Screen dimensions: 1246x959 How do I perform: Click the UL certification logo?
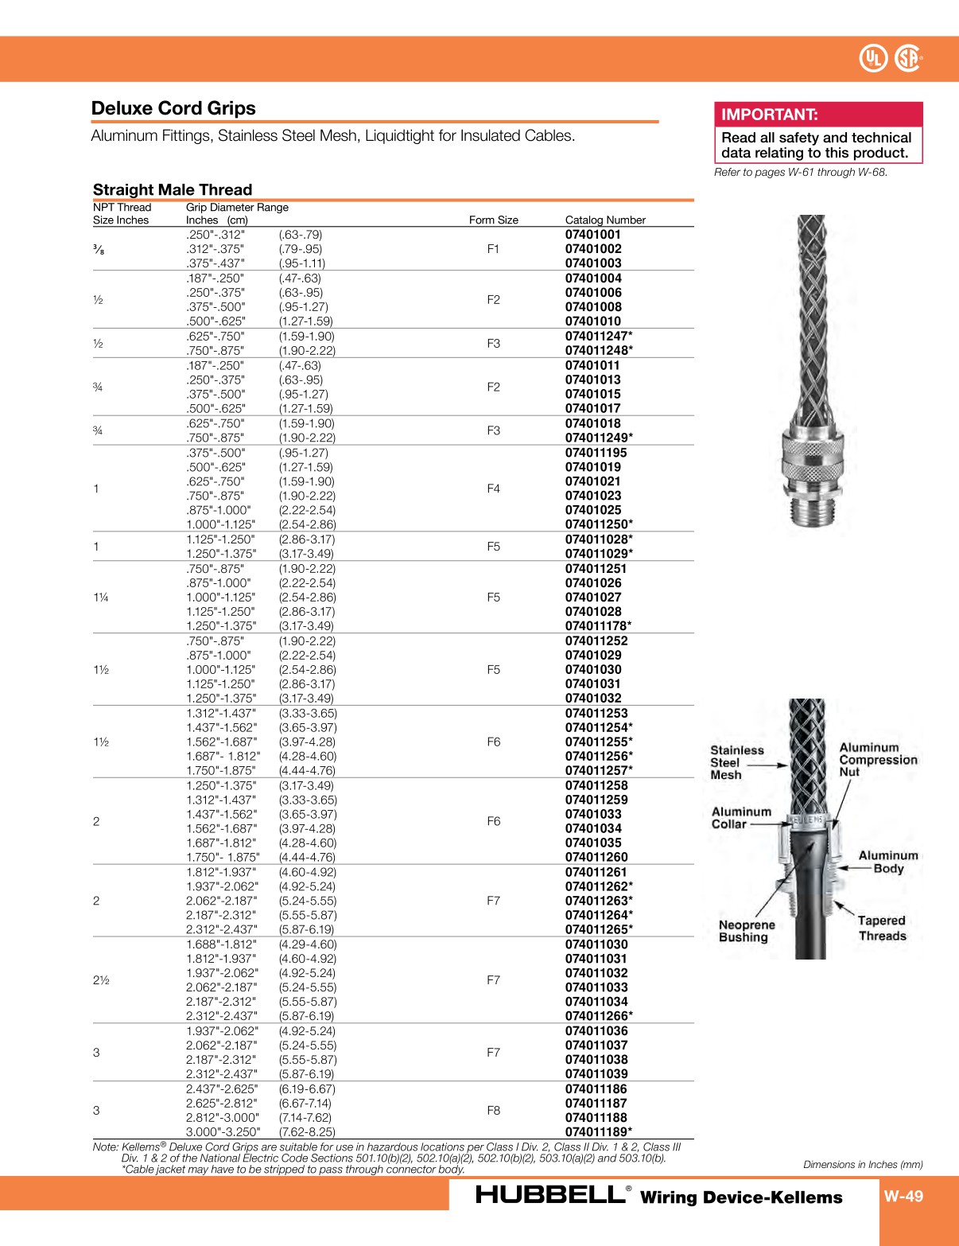pyautogui.click(x=873, y=58)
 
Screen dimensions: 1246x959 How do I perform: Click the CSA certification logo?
pyautogui.click(x=907, y=58)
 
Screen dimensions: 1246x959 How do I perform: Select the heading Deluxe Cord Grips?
pyautogui.click(x=173, y=108)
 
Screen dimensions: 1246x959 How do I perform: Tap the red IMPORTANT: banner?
pyautogui.click(x=818, y=115)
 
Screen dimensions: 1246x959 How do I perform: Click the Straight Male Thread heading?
pyautogui.click(x=173, y=189)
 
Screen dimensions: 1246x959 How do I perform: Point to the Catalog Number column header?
pyautogui.click(x=605, y=220)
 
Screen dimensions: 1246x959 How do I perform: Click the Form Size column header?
pyautogui.click(x=493, y=220)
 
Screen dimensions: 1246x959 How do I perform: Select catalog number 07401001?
pyautogui.click(x=593, y=235)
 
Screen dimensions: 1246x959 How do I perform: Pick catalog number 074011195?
pyautogui.click(x=596, y=453)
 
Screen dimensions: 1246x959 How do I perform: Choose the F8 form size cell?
pyautogui.click(x=493, y=1111)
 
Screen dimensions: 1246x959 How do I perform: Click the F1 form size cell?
pyautogui.click(x=493, y=249)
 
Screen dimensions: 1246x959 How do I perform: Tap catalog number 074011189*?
pyautogui.click(x=599, y=1132)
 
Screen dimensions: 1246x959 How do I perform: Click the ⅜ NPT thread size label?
pyautogui.click(x=98, y=250)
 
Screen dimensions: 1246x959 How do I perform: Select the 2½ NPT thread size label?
pyautogui.click(x=101, y=980)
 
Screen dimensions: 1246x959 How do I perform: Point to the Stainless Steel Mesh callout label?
pyautogui.click(x=736, y=762)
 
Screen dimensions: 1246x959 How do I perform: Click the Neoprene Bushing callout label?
pyautogui.click(x=746, y=931)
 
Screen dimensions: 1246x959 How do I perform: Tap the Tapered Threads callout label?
pyautogui.click(x=882, y=928)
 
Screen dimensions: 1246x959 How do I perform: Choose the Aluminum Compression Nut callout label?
pyautogui.click(x=878, y=759)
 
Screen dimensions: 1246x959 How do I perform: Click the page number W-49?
pyautogui.click(x=903, y=1196)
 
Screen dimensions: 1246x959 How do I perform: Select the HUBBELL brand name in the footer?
pyautogui.click(x=549, y=1195)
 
